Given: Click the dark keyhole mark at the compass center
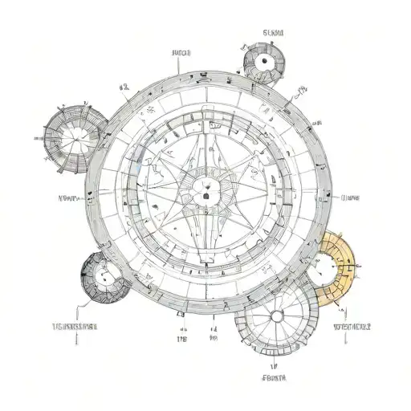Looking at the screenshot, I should [x=205, y=195].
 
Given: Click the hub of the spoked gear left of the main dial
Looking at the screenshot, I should [x=72, y=137].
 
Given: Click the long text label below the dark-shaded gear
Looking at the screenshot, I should [x=74, y=328].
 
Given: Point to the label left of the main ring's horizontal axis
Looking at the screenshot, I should [x=66, y=197].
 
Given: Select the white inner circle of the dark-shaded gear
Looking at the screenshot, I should [x=104, y=278].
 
